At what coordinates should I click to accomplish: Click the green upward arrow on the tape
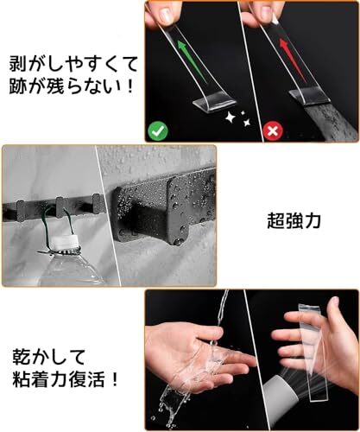(x=192, y=61)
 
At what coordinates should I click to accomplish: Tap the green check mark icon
(x=158, y=131)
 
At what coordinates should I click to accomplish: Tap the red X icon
(x=273, y=131)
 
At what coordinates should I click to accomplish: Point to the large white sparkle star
(x=231, y=118)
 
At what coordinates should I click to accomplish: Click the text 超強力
(x=294, y=221)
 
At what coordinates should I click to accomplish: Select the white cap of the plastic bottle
(x=66, y=243)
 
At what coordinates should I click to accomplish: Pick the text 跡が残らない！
(x=71, y=86)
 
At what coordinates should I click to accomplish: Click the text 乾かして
(x=49, y=357)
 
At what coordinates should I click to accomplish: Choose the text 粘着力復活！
(x=66, y=379)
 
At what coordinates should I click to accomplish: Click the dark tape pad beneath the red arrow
(x=309, y=98)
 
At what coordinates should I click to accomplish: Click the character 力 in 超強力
(x=313, y=221)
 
